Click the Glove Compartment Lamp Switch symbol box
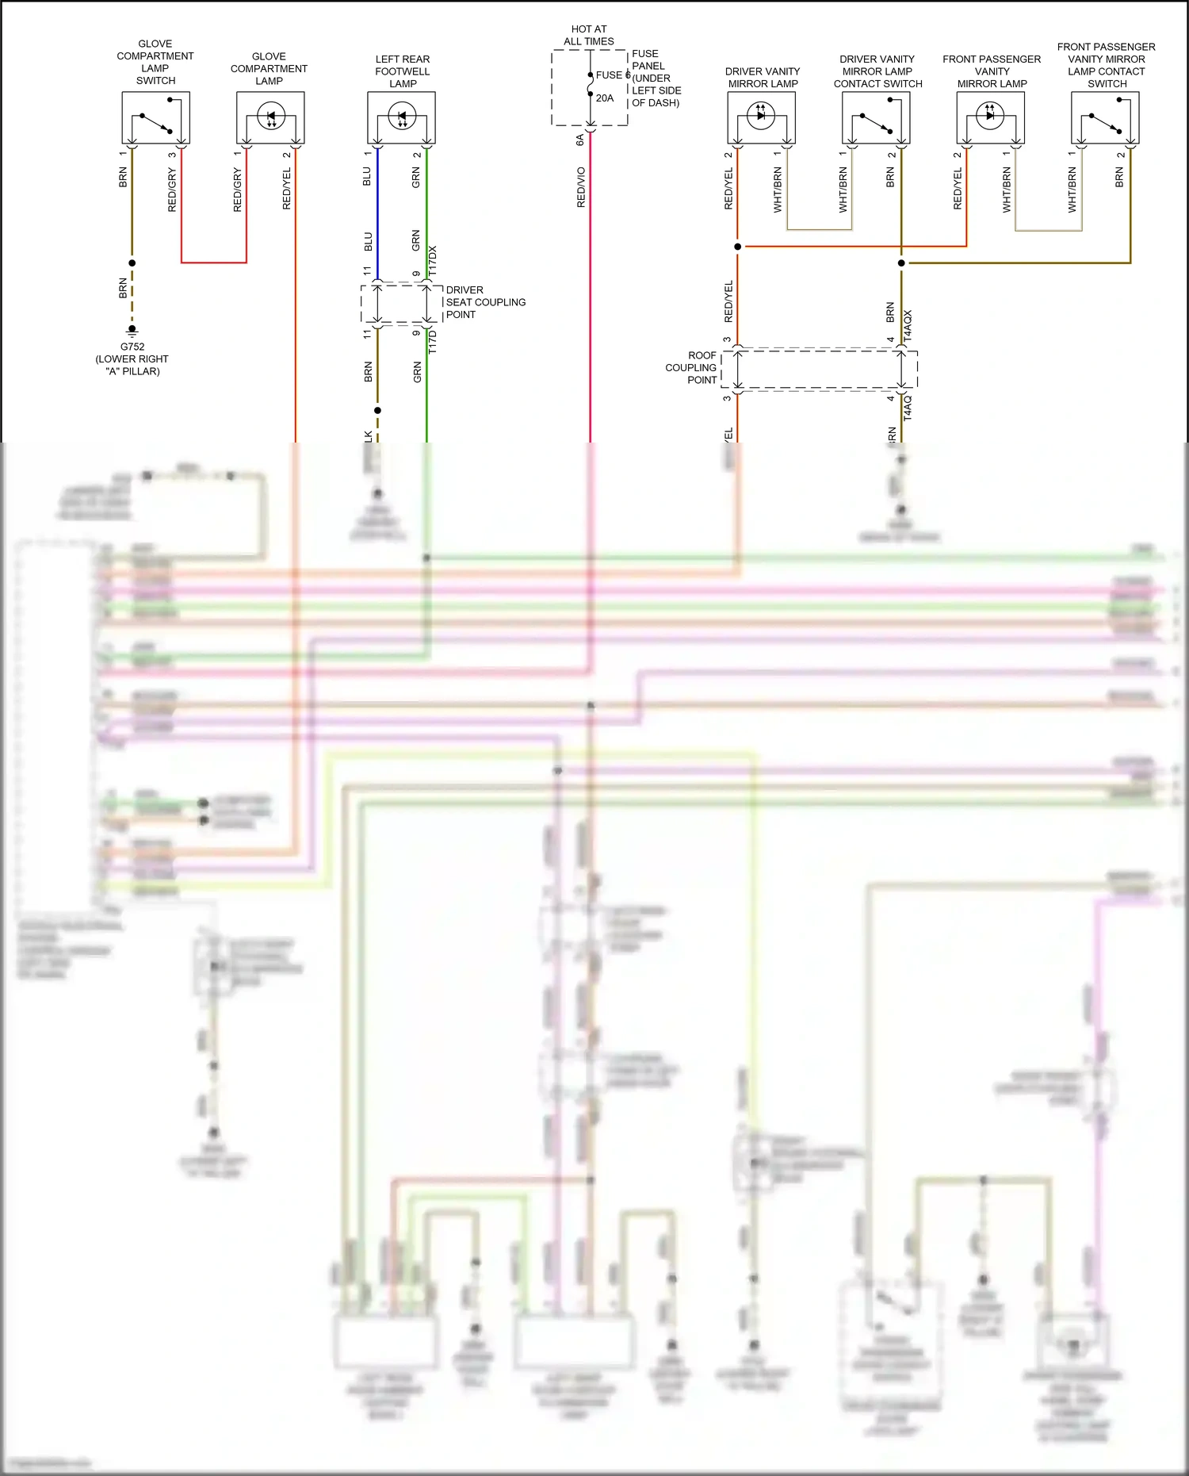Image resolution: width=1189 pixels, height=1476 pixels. click(x=155, y=117)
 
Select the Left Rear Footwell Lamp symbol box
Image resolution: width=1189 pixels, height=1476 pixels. click(x=401, y=117)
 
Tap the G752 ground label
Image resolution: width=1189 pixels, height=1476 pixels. click(x=132, y=347)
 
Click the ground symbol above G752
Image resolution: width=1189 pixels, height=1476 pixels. click(x=132, y=328)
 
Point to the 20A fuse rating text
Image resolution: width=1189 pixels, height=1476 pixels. click(x=605, y=98)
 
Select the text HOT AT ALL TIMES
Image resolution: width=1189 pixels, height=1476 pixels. click(x=589, y=35)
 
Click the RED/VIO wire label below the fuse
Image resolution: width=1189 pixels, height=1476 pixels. click(x=581, y=187)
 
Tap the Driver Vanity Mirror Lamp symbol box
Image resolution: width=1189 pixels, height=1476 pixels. click(x=762, y=117)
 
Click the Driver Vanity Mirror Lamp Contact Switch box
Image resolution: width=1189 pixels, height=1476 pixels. click(x=876, y=117)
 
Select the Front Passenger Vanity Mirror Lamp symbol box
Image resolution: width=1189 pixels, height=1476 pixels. click(x=991, y=117)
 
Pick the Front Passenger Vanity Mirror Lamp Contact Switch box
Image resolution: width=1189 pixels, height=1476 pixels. click(x=1105, y=117)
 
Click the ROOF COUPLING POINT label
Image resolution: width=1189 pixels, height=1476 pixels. click(x=691, y=368)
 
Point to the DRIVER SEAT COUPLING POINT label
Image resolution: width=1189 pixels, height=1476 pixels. click(x=485, y=302)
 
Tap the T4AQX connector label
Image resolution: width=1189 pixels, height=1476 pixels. click(x=908, y=325)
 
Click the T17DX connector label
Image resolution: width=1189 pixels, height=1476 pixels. click(x=433, y=260)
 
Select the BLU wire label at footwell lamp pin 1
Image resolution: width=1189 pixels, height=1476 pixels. click(x=367, y=176)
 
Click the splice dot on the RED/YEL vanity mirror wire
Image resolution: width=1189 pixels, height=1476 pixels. click(x=738, y=247)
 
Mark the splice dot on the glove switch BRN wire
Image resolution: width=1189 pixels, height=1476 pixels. click(x=132, y=263)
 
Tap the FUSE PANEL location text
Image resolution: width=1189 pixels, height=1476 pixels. click(x=656, y=78)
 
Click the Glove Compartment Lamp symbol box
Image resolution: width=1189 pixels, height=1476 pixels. click(x=270, y=117)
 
